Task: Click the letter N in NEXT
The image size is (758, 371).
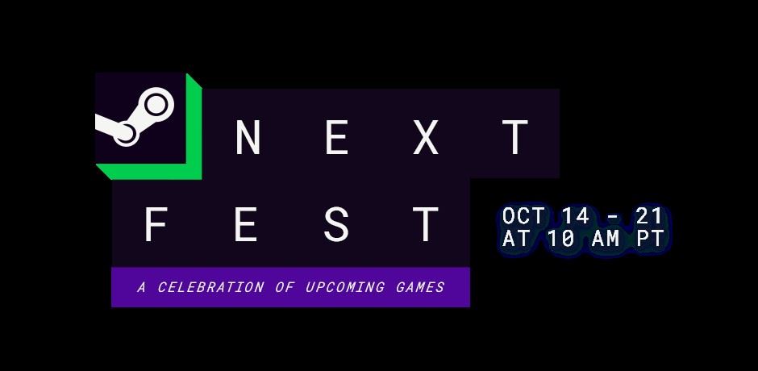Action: [x=248, y=137]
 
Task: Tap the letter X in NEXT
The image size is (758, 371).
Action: [x=426, y=137]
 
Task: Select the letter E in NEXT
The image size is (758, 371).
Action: [x=337, y=137]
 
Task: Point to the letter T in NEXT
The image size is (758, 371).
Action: [x=515, y=137]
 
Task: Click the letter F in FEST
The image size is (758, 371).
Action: [x=156, y=224]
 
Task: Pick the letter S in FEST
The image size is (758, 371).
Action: [x=336, y=224]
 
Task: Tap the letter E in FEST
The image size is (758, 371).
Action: [x=246, y=224]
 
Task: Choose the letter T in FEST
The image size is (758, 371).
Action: [x=426, y=224]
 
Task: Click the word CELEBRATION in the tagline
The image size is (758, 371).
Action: [x=210, y=287]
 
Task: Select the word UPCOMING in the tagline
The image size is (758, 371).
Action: [x=345, y=287]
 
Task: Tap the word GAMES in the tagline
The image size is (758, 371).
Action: [x=420, y=287]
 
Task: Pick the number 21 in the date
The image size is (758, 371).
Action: [x=649, y=216]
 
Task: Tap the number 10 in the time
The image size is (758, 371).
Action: [x=560, y=239]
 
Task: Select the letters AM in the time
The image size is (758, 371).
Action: [x=606, y=239]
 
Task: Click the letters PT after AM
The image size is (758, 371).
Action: [x=650, y=239]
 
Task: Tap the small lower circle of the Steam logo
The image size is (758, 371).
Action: [x=125, y=134]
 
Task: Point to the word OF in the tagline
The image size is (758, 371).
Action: [x=285, y=287]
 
